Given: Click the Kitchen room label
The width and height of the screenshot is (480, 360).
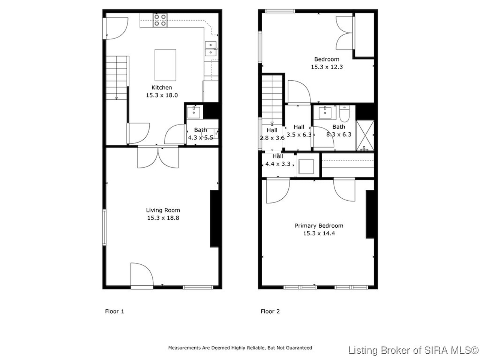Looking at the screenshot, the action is point(162,87).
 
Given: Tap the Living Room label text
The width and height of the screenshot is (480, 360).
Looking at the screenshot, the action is point(163,210).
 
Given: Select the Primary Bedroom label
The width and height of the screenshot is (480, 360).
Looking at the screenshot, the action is point(319,226).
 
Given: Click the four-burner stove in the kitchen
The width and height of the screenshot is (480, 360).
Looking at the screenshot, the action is point(160,20).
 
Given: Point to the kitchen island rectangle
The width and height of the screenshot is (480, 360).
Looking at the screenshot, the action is point(165,65).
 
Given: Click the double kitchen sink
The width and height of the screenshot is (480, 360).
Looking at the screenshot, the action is point(211,48).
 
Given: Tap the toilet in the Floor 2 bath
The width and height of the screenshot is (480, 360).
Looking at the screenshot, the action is point(344,114).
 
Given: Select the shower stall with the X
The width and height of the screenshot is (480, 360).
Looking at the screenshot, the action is point(365,135).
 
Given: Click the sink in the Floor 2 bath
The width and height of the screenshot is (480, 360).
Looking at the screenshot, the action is point(325,113).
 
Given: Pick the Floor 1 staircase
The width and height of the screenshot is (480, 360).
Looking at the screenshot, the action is point(117,78).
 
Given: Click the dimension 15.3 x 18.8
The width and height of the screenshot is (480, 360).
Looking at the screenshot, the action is point(163,218).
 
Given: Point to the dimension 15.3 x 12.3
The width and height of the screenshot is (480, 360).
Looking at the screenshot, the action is point(327,67).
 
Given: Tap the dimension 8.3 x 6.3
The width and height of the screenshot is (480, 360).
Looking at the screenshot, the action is point(339,134).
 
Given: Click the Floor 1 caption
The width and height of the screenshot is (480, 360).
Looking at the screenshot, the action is point(114,311).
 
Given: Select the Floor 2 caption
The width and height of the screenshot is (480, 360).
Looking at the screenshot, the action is point(270,311).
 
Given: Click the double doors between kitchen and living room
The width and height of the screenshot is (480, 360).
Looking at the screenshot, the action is point(158,157).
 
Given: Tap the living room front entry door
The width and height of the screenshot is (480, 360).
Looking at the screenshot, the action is point(142,275).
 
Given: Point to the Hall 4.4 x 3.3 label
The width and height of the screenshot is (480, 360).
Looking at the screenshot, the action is point(278,160).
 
